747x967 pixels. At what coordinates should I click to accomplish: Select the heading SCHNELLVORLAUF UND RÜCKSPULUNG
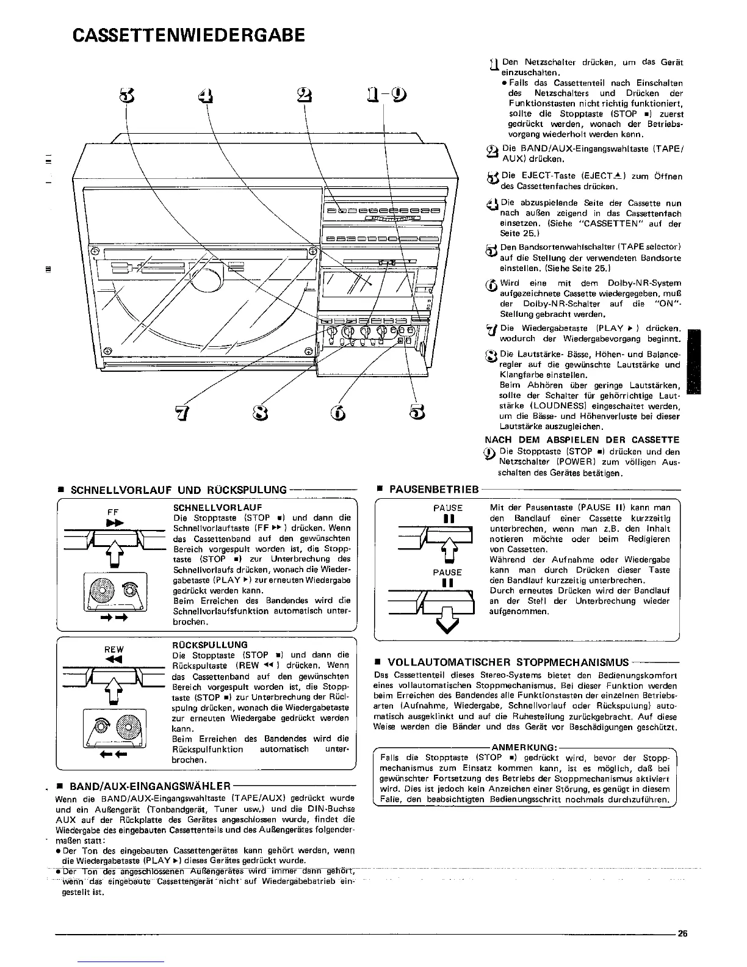(x=179, y=490)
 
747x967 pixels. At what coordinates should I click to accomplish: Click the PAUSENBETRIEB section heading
(x=433, y=490)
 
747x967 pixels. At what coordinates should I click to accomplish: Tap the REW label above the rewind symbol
(x=114, y=650)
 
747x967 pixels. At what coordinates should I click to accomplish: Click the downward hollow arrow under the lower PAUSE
(x=448, y=625)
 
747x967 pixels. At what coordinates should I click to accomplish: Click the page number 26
(x=682, y=933)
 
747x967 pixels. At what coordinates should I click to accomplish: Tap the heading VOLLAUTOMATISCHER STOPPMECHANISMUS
(x=508, y=662)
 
